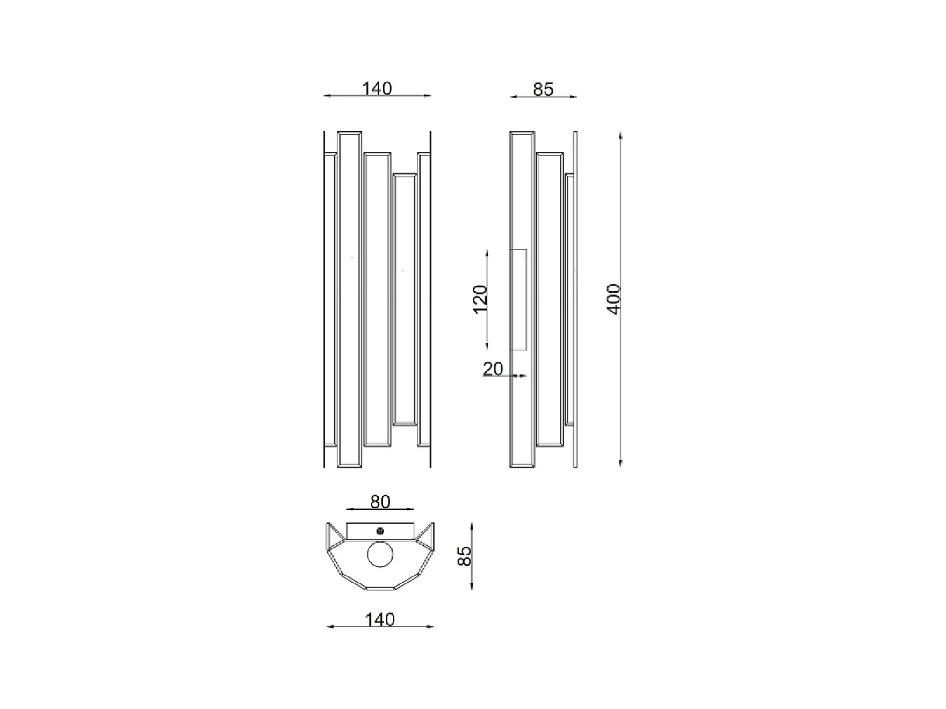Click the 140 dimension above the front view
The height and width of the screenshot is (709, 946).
pyautogui.click(x=377, y=88)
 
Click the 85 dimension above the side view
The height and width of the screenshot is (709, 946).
pyautogui.click(x=543, y=89)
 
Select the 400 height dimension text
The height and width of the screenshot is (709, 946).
pyautogui.click(x=613, y=299)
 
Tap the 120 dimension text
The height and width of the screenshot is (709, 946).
pyautogui.click(x=480, y=299)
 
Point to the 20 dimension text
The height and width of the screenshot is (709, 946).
pyautogui.click(x=493, y=369)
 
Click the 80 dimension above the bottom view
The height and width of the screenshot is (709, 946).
pyautogui.click(x=380, y=502)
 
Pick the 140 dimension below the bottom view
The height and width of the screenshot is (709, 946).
pyautogui.click(x=380, y=620)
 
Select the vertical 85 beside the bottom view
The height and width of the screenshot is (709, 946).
pyautogui.click(x=464, y=556)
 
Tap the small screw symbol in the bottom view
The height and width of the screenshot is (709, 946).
pyautogui.click(x=380, y=531)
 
